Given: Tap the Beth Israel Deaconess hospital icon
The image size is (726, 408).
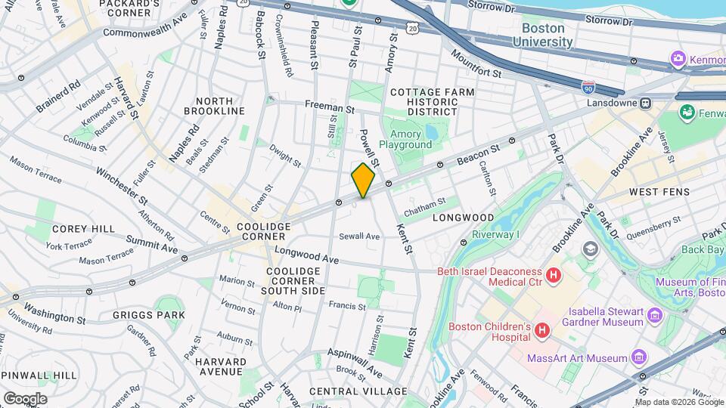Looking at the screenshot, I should point(554,277).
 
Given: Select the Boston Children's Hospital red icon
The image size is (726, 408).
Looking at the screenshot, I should point(541,331).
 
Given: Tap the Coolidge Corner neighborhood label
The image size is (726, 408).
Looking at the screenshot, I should point(263,231).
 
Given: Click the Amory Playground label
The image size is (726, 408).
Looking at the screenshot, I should point(405,139).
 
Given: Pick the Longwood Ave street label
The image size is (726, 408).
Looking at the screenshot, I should point(306,253).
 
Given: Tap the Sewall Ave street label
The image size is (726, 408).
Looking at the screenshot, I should point(358,236).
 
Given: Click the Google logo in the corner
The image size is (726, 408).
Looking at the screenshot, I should point(24,398).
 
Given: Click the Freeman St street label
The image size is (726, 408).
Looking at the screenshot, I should point(330,108).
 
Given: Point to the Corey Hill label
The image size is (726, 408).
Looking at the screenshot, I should point(83,228).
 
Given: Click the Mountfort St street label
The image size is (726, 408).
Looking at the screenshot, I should point(476,63).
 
